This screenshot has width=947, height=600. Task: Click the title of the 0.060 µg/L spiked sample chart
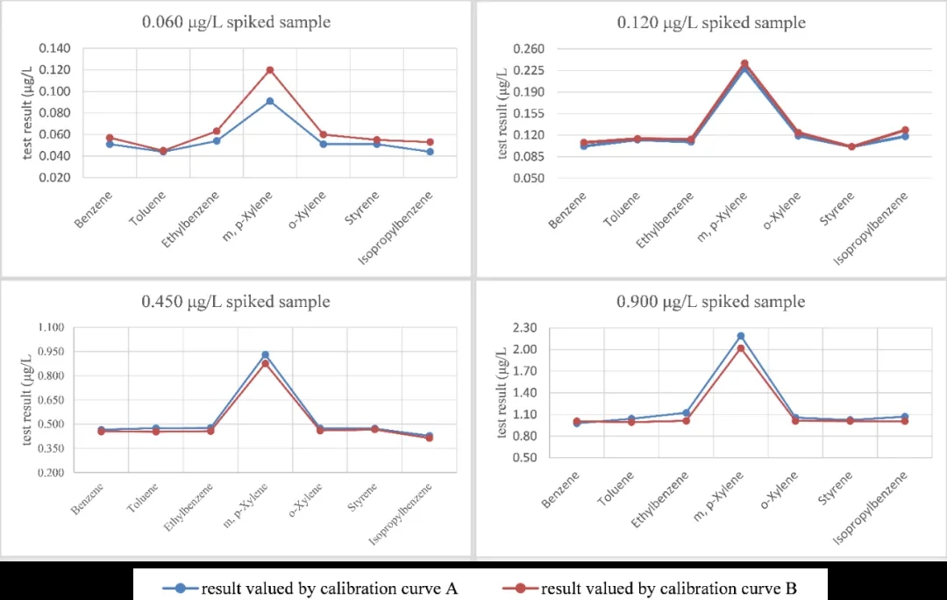click(x=236, y=22)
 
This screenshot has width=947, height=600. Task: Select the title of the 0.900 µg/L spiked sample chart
click(x=710, y=302)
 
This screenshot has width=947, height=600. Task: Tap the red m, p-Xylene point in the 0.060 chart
click(x=270, y=70)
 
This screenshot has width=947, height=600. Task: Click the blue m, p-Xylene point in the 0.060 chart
click(x=270, y=101)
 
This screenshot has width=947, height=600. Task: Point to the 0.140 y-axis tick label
click(x=52, y=48)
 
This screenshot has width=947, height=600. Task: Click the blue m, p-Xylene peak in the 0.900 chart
click(x=741, y=336)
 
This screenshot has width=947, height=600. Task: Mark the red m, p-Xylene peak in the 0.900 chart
click(x=741, y=348)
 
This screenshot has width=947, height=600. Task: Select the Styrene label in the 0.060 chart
click(x=362, y=207)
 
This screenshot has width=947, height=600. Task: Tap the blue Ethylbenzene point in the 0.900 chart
click(x=687, y=412)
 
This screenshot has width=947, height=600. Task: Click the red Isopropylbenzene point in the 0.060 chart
click(x=431, y=142)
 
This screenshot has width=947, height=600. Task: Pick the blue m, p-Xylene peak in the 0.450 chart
click(x=265, y=355)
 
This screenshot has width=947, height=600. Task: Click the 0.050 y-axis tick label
click(x=528, y=178)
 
